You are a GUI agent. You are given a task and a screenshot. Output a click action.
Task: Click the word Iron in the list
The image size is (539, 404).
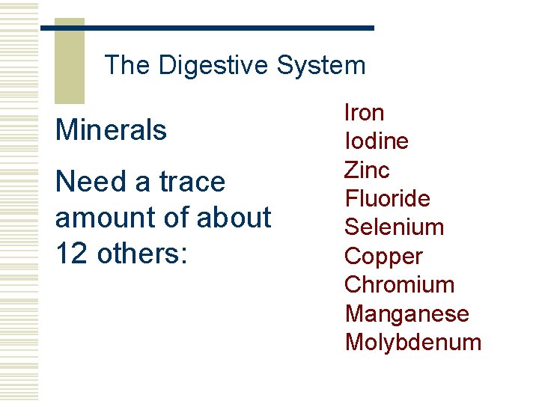364,113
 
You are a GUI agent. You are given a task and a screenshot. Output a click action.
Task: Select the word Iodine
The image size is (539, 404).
376,141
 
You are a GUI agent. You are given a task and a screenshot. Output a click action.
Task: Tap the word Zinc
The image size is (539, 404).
367,170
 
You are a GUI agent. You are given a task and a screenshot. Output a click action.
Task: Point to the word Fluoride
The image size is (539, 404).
387,199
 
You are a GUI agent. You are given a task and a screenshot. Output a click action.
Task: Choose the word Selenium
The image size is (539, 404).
394,227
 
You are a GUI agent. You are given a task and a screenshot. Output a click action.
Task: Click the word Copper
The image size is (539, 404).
383,257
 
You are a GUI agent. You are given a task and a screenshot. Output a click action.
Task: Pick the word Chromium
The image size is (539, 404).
399,285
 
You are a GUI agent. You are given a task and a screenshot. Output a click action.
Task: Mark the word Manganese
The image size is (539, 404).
406,314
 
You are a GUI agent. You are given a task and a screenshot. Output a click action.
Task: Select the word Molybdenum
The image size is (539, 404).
412,343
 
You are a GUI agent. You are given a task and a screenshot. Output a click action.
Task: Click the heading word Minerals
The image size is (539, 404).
111,130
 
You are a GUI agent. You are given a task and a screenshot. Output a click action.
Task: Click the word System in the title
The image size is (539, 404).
320,66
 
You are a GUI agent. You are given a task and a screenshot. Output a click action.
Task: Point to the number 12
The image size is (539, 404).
72,254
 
